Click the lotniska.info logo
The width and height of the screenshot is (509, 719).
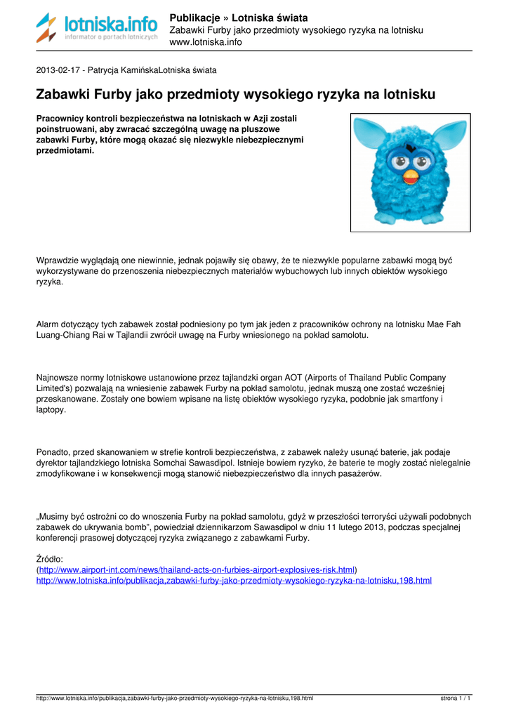click(x=97, y=28)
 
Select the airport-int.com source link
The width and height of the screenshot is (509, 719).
click(x=197, y=569)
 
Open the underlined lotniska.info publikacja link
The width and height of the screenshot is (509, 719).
click(x=234, y=581)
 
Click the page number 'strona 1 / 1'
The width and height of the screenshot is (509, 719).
click(x=455, y=699)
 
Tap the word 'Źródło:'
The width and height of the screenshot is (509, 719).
click(x=50, y=559)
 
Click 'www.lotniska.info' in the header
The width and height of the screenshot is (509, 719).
click(x=206, y=42)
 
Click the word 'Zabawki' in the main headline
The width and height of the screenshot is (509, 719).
click(x=62, y=93)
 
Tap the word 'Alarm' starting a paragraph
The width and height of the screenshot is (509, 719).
click(x=48, y=324)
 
